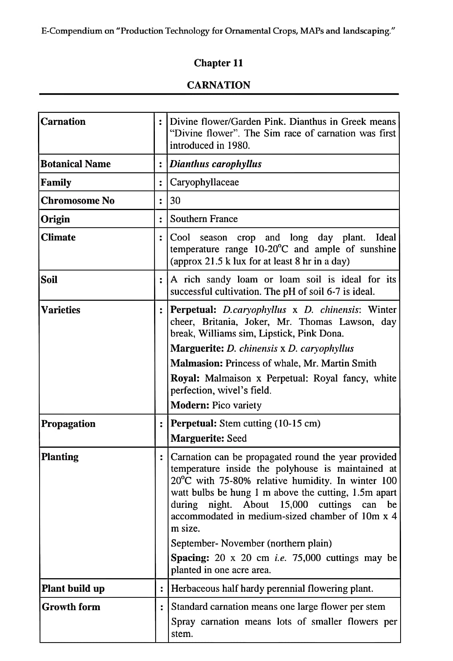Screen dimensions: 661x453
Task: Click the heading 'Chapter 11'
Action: tap(218, 63)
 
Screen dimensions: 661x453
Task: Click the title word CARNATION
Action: tap(218, 85)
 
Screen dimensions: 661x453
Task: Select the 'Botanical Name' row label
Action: tap(76, 164)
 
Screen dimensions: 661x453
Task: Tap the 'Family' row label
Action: tap(56, 182)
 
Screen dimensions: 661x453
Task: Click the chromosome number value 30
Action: tap(175, 200)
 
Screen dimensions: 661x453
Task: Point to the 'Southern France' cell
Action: tap(204, 219)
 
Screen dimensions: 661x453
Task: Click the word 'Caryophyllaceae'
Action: tap(204, 182)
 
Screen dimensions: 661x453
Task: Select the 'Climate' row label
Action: tap(58, 237)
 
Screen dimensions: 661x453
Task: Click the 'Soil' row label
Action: tap(49, 280)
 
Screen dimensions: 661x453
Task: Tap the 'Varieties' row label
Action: tap(60, 310)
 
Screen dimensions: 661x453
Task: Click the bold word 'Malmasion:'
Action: tap(196, 363)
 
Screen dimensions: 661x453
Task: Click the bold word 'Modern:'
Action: tap(190, 405)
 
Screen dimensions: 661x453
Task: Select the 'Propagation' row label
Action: tap(68, 424)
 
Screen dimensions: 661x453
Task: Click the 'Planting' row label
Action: tap(60, 457)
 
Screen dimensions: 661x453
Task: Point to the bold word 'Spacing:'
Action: tap(190, 558)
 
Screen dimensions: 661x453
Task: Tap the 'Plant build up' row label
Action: tap(73, 589)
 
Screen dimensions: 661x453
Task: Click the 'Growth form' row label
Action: tap(71, 607)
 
